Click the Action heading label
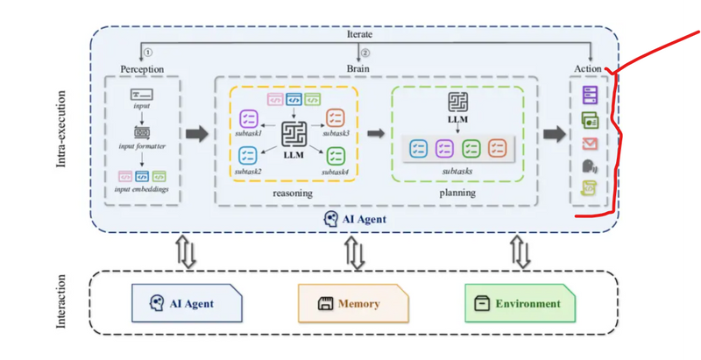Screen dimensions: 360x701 [587, 68]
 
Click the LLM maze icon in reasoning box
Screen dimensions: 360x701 [292, 133]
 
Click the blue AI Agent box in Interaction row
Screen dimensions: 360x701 [186, 303]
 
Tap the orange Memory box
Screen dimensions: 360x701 [353, 303]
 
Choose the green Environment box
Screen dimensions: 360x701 [520, 303]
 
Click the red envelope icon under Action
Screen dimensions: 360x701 [588, 143]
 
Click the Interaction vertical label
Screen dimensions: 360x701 [62, 303]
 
